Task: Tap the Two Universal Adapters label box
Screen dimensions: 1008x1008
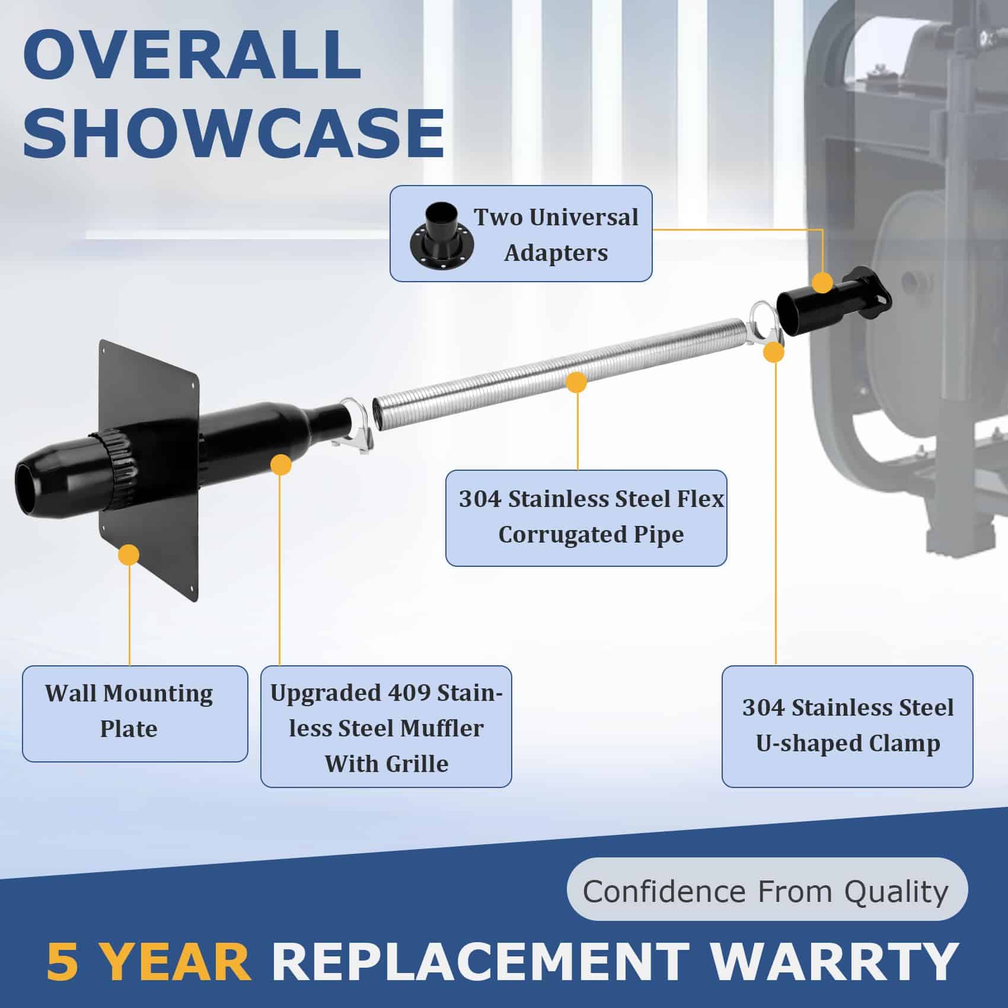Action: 521,234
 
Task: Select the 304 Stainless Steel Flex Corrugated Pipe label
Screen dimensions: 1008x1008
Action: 586,518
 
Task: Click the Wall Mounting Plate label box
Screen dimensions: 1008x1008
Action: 135,713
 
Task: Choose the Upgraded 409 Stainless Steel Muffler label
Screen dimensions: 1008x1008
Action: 386,726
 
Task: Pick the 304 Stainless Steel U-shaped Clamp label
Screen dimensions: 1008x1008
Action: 847,726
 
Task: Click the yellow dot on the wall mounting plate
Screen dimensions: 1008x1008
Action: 129,555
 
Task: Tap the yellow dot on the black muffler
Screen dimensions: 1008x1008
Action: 280,464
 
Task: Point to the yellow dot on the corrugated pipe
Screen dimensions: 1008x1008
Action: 576,382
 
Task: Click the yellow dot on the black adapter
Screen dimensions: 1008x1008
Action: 822,282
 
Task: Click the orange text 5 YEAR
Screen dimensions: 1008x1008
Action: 148,961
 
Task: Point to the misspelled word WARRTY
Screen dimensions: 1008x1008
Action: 834,961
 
